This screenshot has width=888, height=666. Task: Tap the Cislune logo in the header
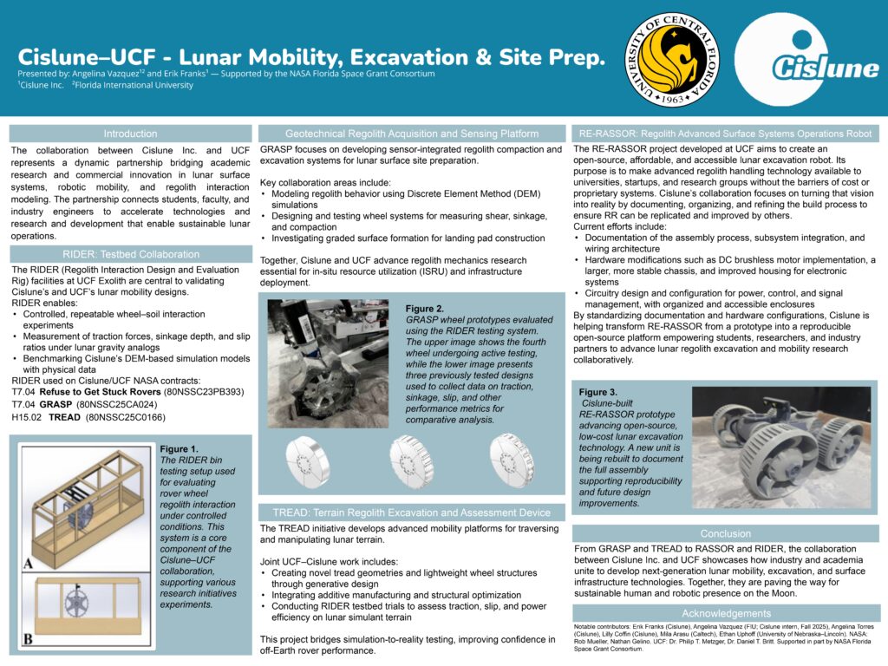pyautogui.click(x=813, y=59)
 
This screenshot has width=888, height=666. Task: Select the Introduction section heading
pyautogui.click(x=130, y=134)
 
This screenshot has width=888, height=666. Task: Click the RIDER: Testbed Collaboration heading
pyautogui.click(x=130, y=254)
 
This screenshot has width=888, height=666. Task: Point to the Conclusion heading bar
pyautogui.click(x=726, y=533)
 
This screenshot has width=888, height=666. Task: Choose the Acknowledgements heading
pyautogui.click(x=726, y=613)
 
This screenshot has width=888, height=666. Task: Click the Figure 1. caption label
pyautogui.click(x=180, y=448)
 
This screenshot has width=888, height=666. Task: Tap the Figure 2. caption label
pyautogui.click(x=424, y=309)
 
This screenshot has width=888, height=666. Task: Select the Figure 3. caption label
pyautogui.click(x=598, y=393)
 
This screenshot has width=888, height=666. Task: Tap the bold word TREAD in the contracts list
pyautogui.click(x=65, y=416)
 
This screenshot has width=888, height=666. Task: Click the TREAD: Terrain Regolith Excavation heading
pyautogui.click(x=411, y=512)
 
